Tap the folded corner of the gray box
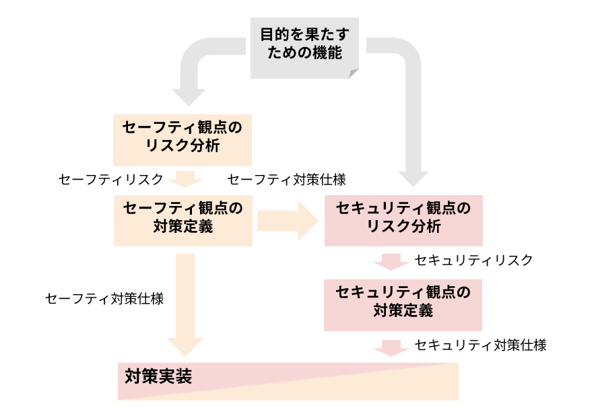[354, 73]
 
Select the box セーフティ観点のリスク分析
[182, 137]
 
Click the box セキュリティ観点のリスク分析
[403, 217]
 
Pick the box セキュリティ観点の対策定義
[403, 302]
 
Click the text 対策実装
[159, 377]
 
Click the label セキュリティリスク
[473, 260]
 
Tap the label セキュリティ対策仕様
[480, 345]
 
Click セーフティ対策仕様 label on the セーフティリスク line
[287, 179]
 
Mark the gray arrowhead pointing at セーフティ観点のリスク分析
[189, 96]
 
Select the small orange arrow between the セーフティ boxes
[185, 179]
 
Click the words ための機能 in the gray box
[304, 53]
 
